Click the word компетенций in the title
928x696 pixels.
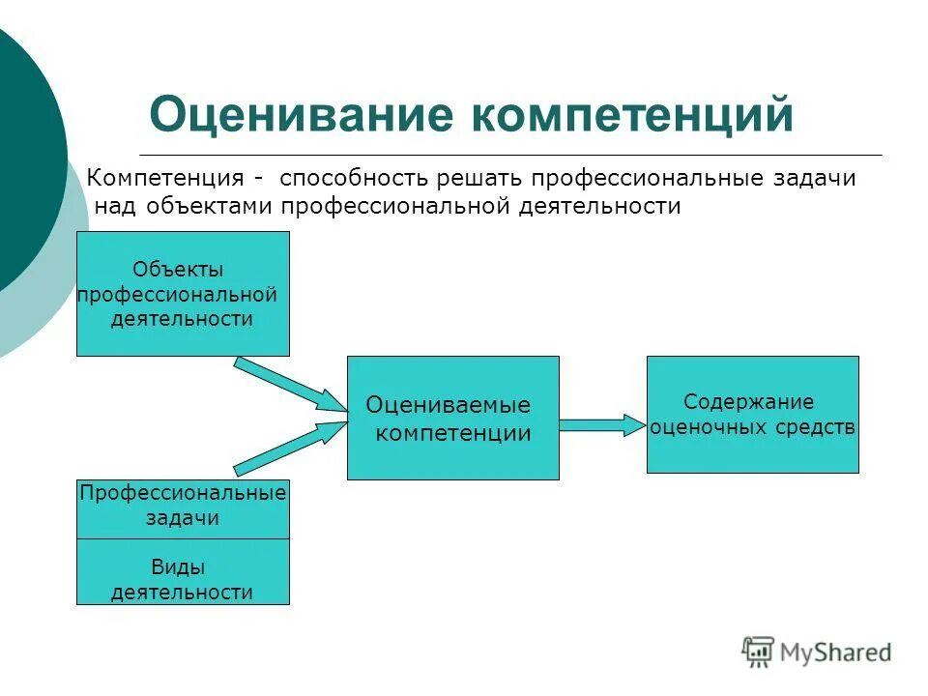[632, 115]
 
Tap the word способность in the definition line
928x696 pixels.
[352, 179]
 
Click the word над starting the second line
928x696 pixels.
[114, 206]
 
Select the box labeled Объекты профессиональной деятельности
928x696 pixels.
[183, 294]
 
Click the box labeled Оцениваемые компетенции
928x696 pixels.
[452, 418]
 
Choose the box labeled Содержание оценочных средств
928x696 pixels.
[752, 414]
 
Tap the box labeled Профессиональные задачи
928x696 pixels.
[183, 508]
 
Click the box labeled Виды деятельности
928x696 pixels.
[183, 572]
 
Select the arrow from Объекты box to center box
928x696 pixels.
[290, 385]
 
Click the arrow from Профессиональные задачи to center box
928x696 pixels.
[290, 448]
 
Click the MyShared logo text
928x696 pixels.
[836, 652]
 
